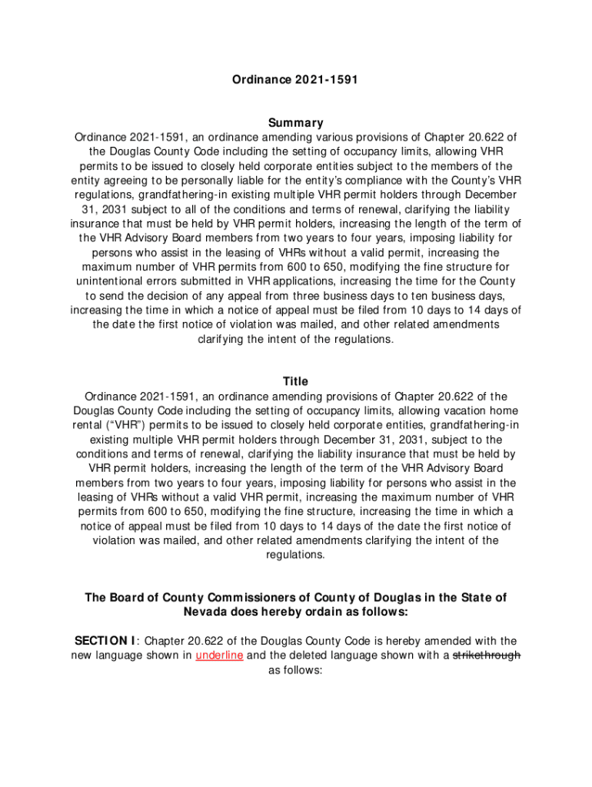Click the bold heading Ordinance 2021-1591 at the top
tap(296, 78)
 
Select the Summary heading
tap(296, 122)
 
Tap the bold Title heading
tap(296, 381)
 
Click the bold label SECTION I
tap(105, 641)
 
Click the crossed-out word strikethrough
tap(487, 656)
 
